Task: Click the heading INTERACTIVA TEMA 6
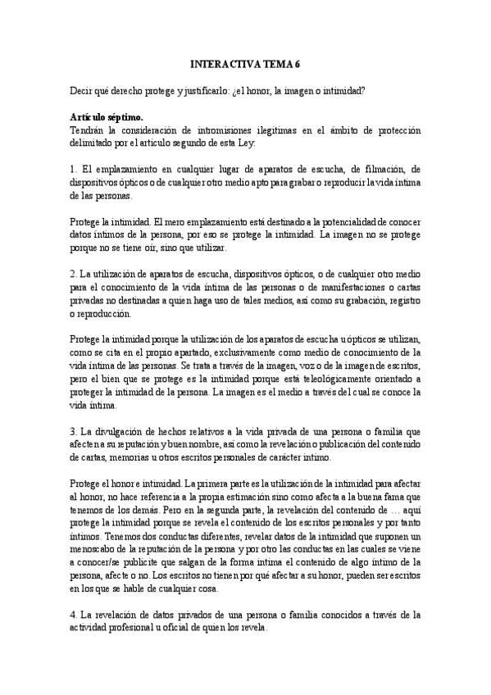(x=245, y=62)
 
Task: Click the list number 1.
(x=73, y=170)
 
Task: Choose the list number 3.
(x=73, y=429)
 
